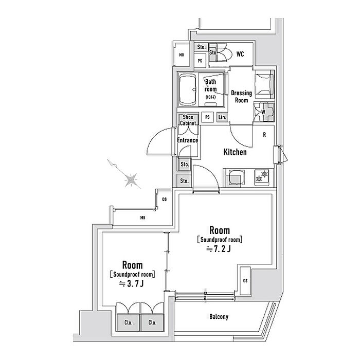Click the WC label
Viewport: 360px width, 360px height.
(x=240, y=54)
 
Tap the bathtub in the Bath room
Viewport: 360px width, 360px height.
(x=188, y=89)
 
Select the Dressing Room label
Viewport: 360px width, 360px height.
(x=241, y=97)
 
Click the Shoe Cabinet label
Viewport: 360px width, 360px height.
(x=188, y=120)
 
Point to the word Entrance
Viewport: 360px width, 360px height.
(x=187, y=140)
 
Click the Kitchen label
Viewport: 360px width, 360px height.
(x=235, y=152)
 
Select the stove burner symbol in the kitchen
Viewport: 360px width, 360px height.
(x=262, y=176)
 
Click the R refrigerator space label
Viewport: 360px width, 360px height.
(x=264, y=135)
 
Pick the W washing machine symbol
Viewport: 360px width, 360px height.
(x=263, y=112)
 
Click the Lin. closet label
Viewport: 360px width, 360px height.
(x=222, y=117)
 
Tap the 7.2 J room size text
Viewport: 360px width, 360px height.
(x=219, y=249)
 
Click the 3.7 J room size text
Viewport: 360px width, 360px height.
(x=132, y=284)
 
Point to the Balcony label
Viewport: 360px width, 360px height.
(x=219, y=317)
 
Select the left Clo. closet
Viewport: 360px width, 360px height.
(x=128, y=322)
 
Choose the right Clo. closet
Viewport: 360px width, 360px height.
(x=152, y=322)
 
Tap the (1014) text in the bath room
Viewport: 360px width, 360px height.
(x=210, y=97)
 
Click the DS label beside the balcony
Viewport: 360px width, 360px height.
(x=245, y=281)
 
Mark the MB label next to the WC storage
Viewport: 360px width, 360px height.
(x=182, y=55)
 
